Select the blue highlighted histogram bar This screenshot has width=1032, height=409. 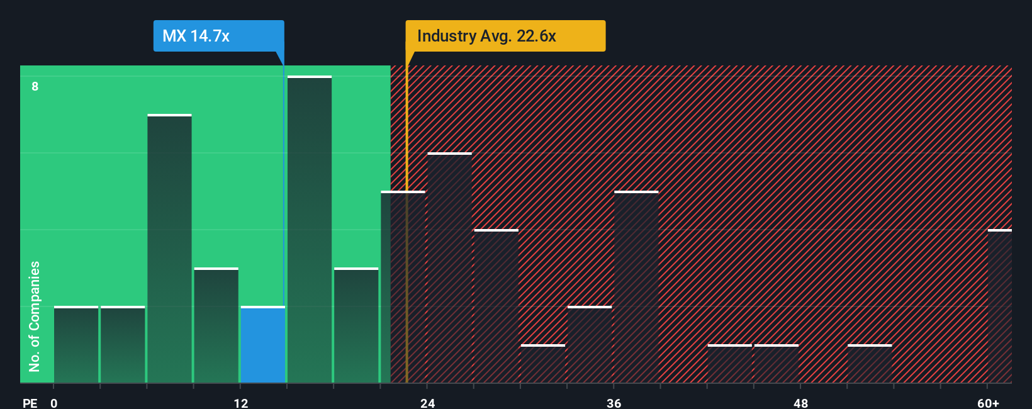click(262, 345)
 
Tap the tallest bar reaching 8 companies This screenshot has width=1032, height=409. click(310, 230)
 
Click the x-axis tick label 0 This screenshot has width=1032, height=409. click(54, 403)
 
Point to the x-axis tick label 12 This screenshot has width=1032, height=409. click(240, 403)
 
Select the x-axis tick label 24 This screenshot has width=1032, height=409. click(427, 403)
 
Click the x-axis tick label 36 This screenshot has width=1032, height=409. click(614, 403)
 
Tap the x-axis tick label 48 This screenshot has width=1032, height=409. click(800, 403)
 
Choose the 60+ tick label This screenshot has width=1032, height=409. click(988, 403)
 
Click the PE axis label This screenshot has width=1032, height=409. click(30, 403)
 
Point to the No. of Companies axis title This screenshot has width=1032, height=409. click(35, 316)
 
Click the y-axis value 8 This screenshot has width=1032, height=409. click(35, 86)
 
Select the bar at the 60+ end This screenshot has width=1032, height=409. click(999, 306)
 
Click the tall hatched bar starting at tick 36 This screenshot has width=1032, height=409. click(636, 287)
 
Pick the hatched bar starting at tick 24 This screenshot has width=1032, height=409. click(449, 268)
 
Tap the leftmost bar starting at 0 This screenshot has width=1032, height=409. click(76, 345)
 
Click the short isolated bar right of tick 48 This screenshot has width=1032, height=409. click(870, 364)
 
